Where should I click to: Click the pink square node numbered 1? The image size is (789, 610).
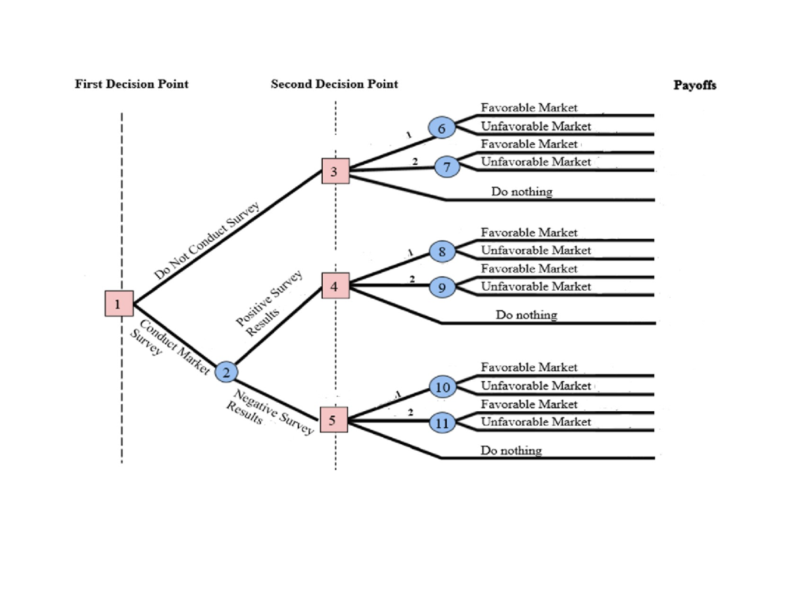[118, 303]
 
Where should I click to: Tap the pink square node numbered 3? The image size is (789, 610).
[335, 172]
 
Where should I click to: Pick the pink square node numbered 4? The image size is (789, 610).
[335, 286]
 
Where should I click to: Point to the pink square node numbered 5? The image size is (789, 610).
[333, 420]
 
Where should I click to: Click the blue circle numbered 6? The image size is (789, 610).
[441, 128]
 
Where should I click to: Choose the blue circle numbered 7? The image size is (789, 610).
[446, 167]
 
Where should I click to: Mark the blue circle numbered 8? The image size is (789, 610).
[442, 251]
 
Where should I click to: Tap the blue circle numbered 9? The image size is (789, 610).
[442, 287]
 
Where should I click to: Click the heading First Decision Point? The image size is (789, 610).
[131, 84]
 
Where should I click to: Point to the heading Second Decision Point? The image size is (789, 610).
[334, 84]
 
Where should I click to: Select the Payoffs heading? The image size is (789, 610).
[694, 86]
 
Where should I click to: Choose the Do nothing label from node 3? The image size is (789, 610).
[521, 191]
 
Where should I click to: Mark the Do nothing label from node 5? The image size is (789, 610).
[512, 451]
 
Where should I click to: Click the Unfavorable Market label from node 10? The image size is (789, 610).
[536, 386]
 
